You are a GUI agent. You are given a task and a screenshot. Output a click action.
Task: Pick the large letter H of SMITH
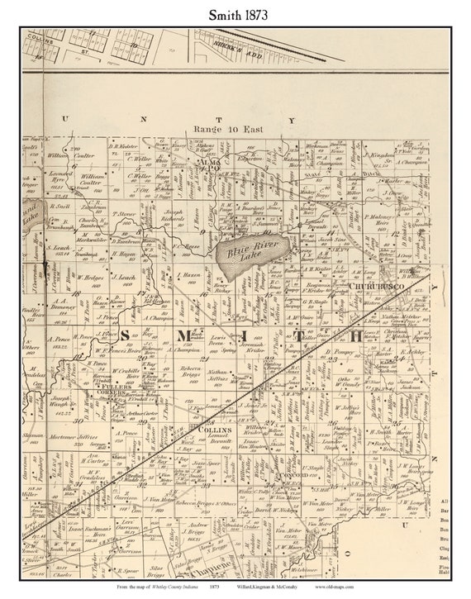coord(354,335)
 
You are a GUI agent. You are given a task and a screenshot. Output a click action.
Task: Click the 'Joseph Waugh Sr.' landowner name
coord(71,402)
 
